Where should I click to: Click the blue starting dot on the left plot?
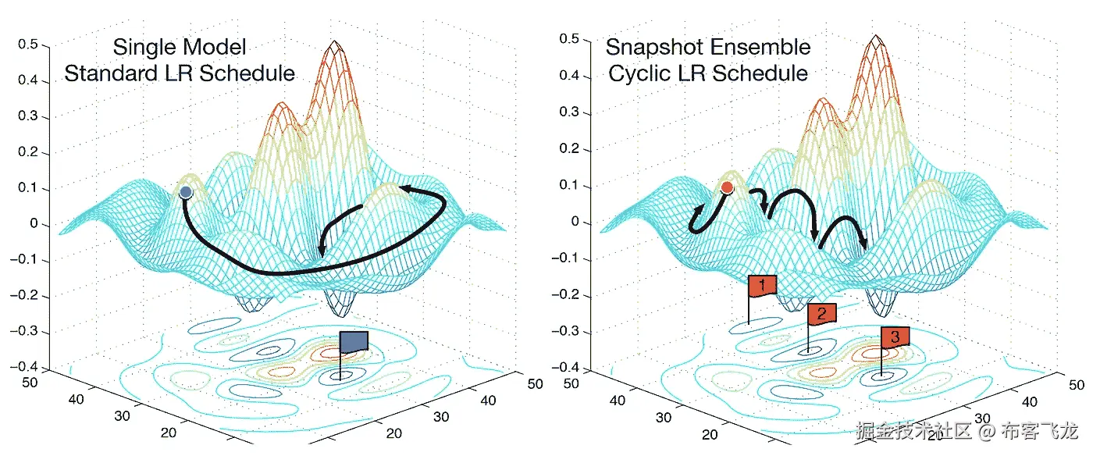[x=186, y=192]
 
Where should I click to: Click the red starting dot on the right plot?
[x=727, y=187]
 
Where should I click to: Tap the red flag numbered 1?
[x=762, y=286]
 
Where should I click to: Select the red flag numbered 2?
[x=821, y=314]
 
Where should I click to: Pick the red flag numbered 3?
[x=895, y=337]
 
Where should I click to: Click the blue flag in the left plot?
[x=354, y=342]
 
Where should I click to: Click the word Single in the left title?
[x=144, y=47]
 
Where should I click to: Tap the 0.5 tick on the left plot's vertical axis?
[x=30, y=45]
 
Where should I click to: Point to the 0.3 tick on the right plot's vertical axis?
[x=570, y=112]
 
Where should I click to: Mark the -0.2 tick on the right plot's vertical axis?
[x=568, y=294]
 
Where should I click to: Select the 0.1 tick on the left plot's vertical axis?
[x=30, y=189]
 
